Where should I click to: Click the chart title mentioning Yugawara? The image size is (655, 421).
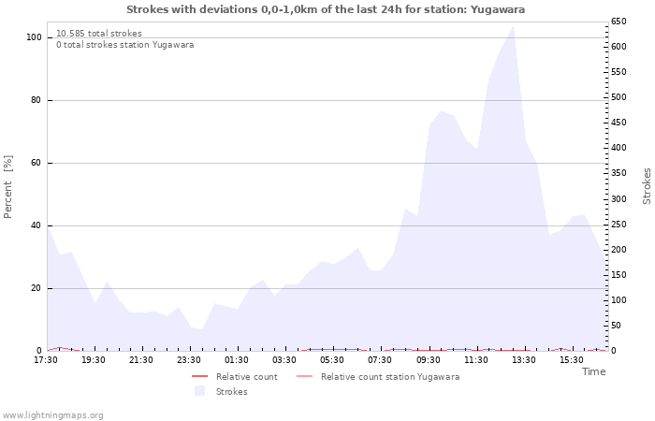point(326,9)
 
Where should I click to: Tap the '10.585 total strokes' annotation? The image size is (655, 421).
point(99,34)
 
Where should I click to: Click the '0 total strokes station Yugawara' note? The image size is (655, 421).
point(124,45)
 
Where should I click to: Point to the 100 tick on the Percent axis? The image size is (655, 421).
point(35,37)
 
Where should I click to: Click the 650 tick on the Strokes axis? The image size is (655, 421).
point(619,22)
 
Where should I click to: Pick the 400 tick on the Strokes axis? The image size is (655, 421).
point(619,148)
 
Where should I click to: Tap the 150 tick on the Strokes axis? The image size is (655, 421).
point(619,275)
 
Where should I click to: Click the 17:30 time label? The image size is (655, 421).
point(46,360)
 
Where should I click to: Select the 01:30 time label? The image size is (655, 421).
point(237,360)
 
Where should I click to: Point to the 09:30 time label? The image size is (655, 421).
point(428,360)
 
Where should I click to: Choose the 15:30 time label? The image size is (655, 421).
point(571,360)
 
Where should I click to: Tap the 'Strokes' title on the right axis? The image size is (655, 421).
point(647,186)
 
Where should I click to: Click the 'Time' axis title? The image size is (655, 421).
point(593,371)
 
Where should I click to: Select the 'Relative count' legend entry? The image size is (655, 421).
point(246,377)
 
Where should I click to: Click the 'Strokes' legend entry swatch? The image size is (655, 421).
point(199,391)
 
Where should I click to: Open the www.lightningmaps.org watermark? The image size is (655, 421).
point(53,414)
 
